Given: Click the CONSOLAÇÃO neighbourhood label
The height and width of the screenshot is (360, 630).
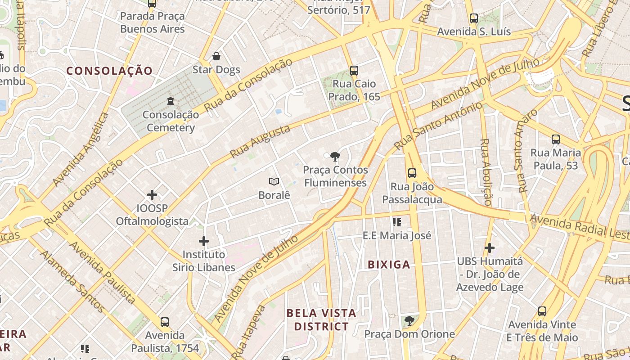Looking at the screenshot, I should pos(110,71).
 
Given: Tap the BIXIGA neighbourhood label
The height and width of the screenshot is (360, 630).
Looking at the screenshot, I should pos(389,265).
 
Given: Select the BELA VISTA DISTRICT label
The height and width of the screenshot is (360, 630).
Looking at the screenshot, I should pos(321,319).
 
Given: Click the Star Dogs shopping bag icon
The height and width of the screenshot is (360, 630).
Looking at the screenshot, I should pos(216,56).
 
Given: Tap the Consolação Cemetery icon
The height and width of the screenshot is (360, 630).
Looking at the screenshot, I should pos(171,101).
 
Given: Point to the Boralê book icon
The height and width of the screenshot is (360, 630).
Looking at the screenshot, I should pos(274,181).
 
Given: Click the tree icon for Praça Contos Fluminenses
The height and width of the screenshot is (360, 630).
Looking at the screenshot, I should pos(335,156).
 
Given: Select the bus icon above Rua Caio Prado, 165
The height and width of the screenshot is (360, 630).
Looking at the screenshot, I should pos(354,70).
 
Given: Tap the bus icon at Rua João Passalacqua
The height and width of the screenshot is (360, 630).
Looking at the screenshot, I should pos(412,173).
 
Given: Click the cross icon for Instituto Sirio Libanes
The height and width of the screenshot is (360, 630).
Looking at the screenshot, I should pos(204,241).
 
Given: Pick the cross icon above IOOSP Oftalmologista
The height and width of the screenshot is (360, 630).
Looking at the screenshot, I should pos(152,195).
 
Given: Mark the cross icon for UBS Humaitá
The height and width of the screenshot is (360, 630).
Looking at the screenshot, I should pos(490,247).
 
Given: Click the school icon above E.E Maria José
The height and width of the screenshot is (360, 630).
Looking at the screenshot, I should pos(396,222).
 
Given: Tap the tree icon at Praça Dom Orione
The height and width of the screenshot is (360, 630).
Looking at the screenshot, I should pos(409,320).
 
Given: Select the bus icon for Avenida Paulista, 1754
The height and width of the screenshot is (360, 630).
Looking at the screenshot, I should pos(165,322).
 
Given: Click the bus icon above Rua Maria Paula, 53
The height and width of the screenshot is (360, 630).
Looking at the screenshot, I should pos(556,139).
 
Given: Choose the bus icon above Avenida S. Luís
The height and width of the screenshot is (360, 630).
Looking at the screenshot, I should pos(474,18).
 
